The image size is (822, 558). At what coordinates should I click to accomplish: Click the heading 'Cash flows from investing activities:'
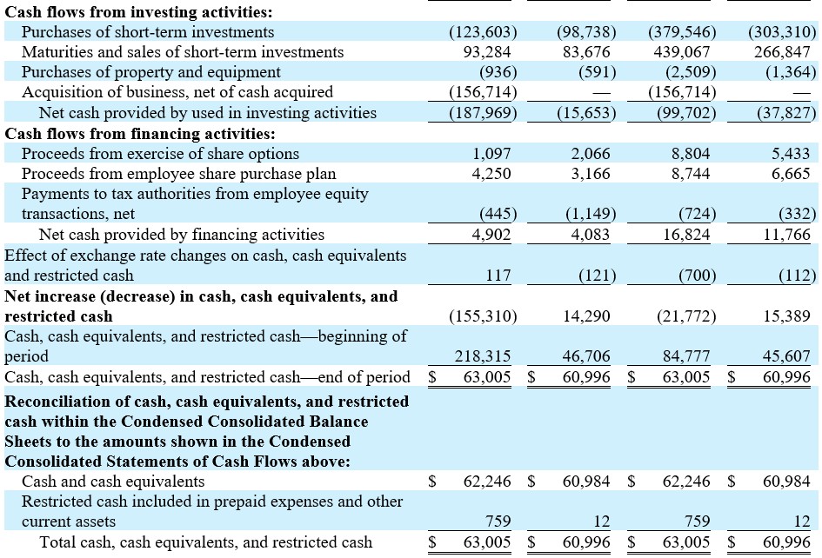click(138, 12)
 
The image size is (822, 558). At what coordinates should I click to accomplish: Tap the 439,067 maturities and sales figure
click(681, 52)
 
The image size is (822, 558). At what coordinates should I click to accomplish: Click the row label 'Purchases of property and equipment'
click(151, 72)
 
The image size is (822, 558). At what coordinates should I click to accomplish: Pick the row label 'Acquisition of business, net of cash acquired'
click(177, 91)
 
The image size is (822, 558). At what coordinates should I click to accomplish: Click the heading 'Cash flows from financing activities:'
click(140, 134)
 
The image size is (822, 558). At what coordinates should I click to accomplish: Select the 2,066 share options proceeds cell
click(591, 154)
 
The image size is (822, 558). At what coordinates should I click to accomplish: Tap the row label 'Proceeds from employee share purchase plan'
click(179, 174)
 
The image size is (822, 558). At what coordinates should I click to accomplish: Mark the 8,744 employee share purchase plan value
click(691, 174)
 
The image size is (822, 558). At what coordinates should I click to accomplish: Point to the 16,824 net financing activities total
click(686, 234)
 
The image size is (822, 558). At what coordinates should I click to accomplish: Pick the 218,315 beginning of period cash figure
click(482, 356)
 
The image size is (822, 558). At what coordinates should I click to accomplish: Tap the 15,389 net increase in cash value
click(786, 316)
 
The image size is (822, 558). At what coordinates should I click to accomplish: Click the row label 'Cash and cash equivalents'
click(113, 481)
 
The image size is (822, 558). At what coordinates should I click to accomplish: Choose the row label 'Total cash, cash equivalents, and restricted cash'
click(206, 541)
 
